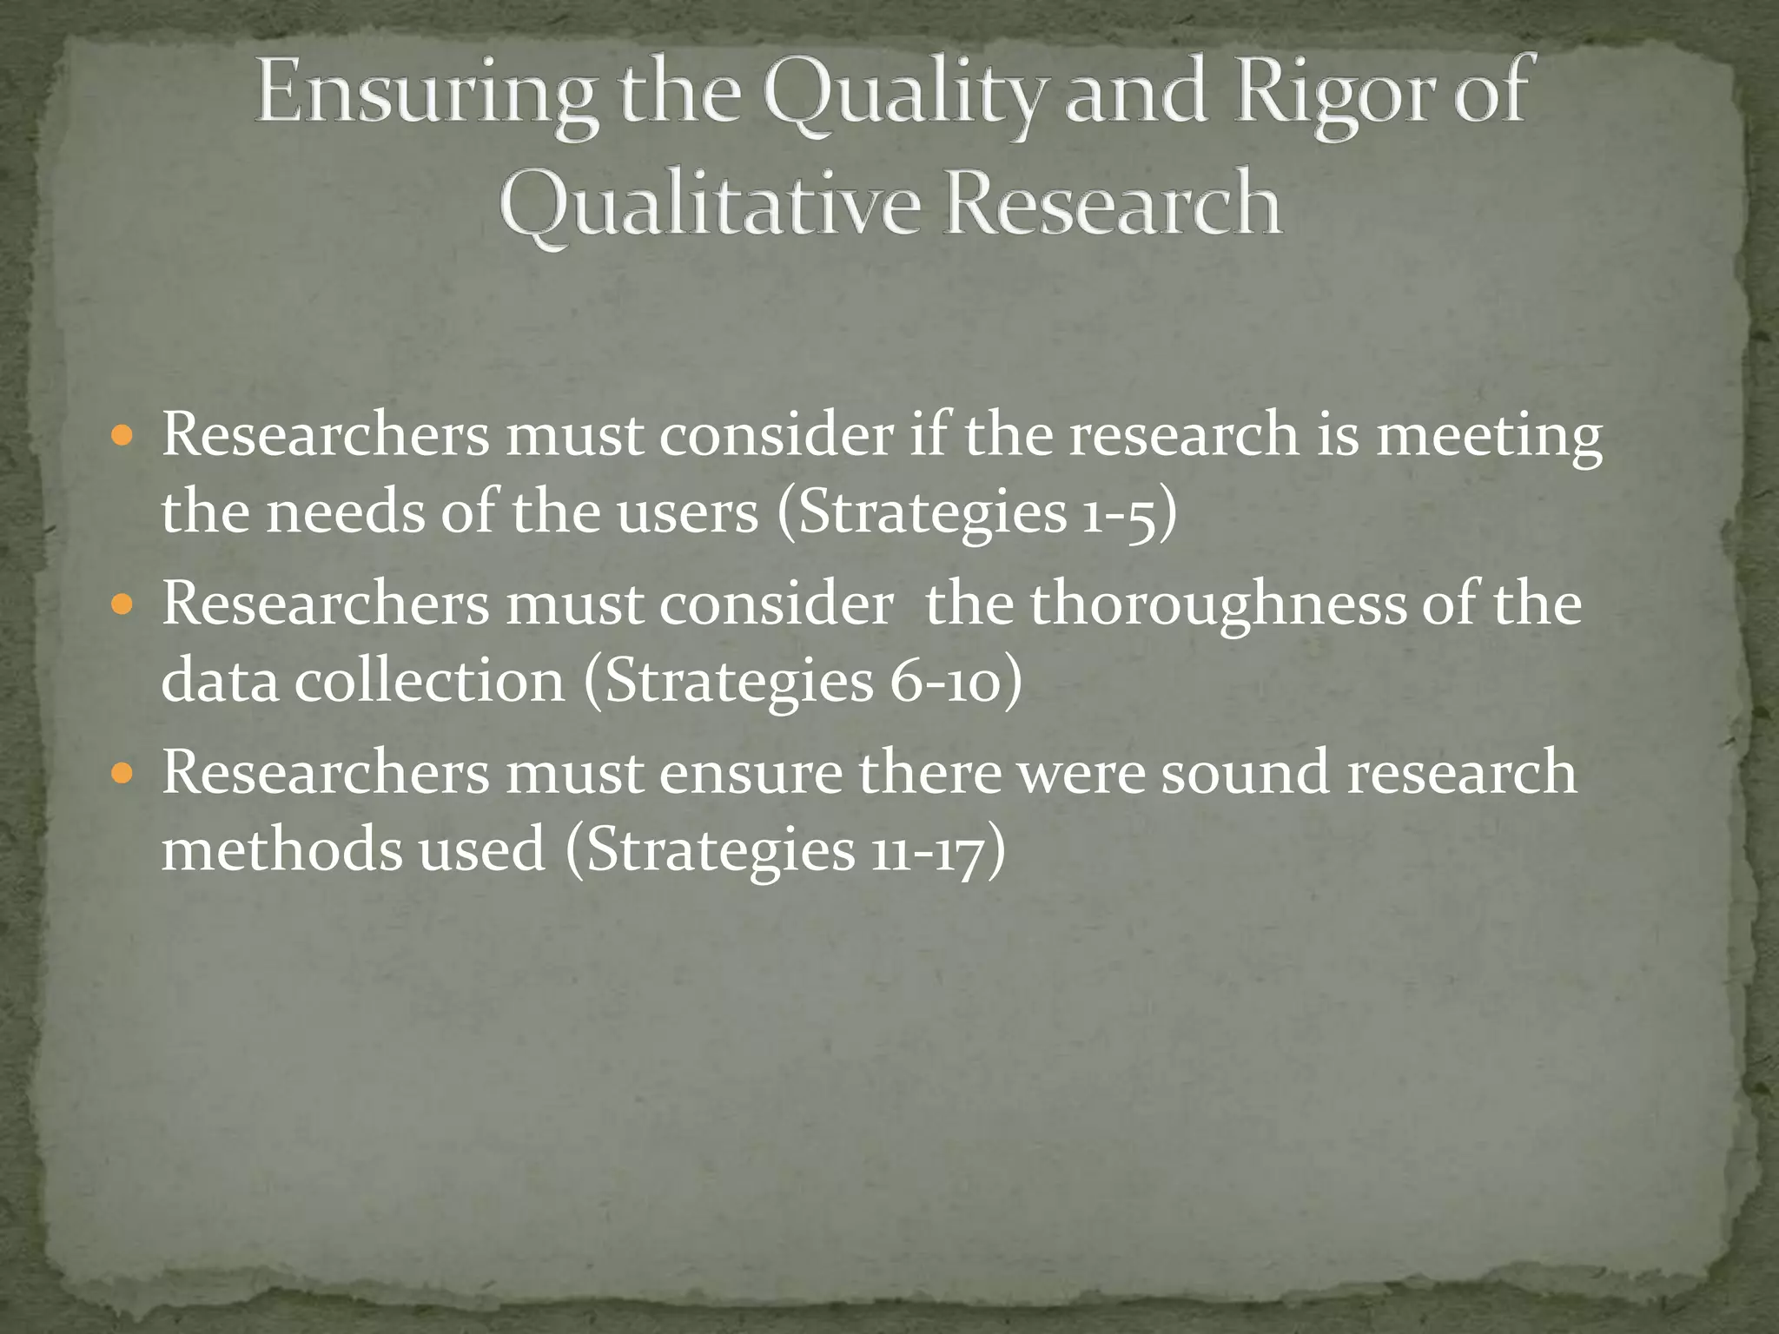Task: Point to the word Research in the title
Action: click(1113, 205)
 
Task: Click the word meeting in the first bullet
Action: click(1489, 435)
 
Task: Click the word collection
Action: click(429, 681)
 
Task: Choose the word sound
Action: click(1245, 772)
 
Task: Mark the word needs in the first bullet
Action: click(344, 512)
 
